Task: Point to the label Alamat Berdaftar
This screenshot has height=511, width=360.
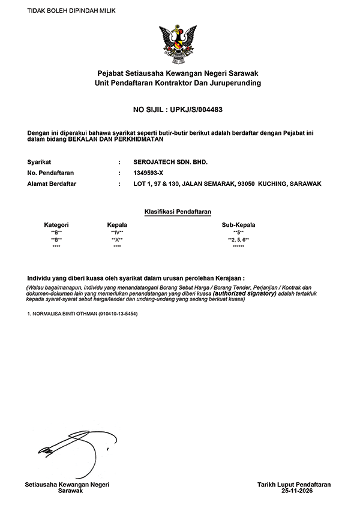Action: tap(52, 184)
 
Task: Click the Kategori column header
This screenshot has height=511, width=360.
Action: tap(56, 225)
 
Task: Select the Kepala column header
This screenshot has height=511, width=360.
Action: tap(117, 225)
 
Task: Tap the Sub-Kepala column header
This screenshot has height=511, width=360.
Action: tap(238, 225)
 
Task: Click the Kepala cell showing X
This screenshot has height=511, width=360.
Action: tap(117, 240)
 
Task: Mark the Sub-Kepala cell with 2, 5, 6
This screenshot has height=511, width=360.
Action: tap(238, 240)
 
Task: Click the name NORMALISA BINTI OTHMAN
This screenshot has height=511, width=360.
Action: tap(63, 314)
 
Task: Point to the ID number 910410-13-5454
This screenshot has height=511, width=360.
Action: tap(118, 314)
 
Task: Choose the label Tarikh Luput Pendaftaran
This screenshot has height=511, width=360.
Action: tap(293, 484)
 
